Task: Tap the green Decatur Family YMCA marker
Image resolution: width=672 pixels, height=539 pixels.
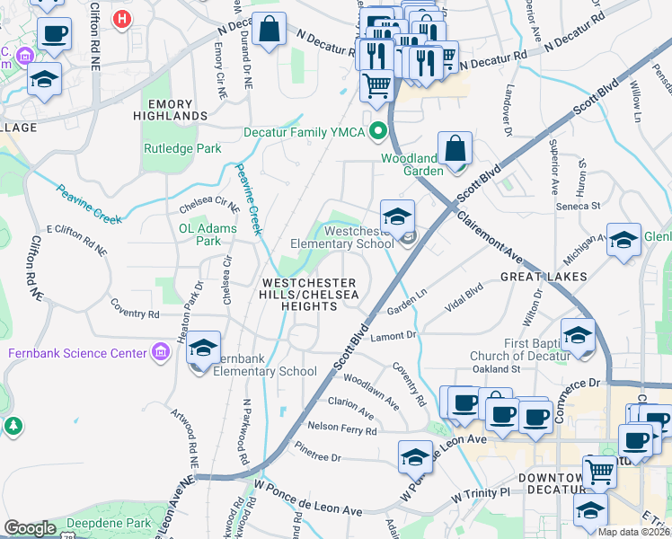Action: (x=378, y=132)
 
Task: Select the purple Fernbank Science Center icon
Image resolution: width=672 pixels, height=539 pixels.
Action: (x=162, y=352)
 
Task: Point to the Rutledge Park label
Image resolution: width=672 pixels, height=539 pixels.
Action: (x=182, y=147)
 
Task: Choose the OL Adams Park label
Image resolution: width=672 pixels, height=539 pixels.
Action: (x=208, y=234)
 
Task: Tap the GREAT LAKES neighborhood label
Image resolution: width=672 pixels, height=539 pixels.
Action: (x=544, y=276)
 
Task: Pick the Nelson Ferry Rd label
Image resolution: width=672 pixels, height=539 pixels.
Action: (x=341, y=430)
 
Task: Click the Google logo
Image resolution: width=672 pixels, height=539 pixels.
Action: (x=30, y=528)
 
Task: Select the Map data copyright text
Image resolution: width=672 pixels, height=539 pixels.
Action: (x=634, y=532)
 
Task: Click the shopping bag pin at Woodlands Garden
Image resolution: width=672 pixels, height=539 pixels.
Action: (x=455, y=148)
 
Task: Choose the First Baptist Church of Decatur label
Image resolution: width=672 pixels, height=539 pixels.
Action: (x=520, y=349)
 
